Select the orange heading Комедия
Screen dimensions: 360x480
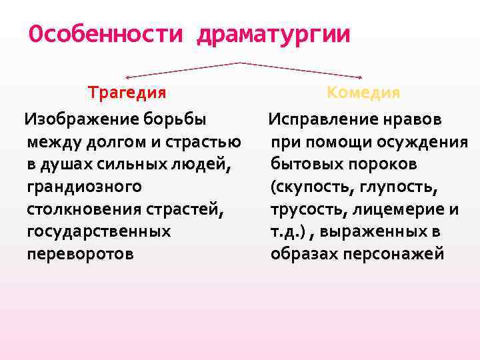[363, 92]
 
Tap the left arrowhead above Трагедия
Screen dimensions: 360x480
[129, 77]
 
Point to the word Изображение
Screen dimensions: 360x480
[81, 119]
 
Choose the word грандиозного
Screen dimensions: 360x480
[84, 187]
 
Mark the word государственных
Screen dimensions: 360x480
[99, 231]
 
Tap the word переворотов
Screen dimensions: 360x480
[80, 254]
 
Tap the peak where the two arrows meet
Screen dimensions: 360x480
[240, 63]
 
